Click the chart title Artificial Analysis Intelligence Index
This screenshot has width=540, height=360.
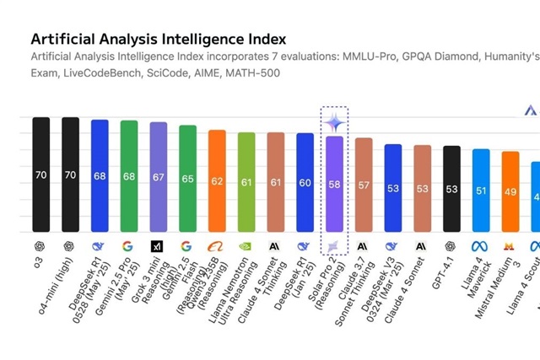click(158, 39)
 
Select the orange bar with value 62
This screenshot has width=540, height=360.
click(217, 181)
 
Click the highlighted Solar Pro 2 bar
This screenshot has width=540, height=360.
click(334, 184)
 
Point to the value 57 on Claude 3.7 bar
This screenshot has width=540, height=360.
click(364, 185)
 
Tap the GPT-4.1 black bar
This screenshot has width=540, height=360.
click(451, 189)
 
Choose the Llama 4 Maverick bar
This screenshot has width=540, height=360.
click(481, 191)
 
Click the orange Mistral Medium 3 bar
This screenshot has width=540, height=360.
click(510, 191)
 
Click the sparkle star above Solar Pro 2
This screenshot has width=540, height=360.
click(334, 123)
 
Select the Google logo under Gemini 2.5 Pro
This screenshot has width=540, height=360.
click(128, 246)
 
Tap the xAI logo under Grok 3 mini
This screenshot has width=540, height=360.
click(158, 246)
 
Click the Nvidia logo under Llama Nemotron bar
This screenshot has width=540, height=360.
click(246, 246)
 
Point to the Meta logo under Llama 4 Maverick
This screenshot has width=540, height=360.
click(480, 246)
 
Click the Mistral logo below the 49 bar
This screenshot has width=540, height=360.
click(510, 246)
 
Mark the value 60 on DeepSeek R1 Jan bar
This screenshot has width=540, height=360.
click(305, 183)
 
